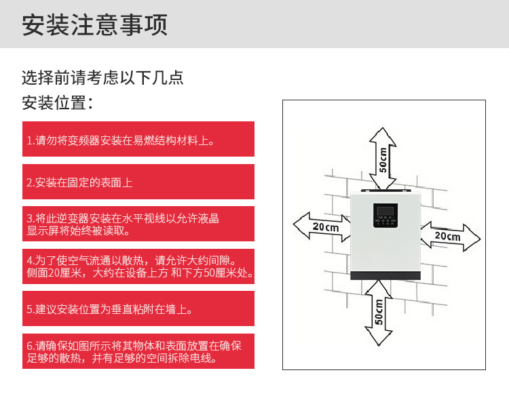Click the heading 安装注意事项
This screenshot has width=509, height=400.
click(x=94, y=25)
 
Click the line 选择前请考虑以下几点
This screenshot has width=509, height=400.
click(x=102, y=77)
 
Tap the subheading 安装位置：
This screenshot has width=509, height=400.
click(x=58, y=104)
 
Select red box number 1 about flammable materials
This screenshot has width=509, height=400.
click(x=138, y=140)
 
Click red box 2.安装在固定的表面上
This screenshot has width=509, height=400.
click(x=138, y=182)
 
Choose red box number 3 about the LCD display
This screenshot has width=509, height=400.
click(x=138, y=224)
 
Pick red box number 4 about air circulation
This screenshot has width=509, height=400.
click(x=138, y=266)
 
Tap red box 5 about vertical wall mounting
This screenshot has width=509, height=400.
click(x=138, y=308)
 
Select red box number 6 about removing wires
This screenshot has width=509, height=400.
click(x=138, y=351)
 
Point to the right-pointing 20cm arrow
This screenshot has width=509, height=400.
click(x=449, y=237)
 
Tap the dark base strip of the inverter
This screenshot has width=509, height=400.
click(x=384, y=275)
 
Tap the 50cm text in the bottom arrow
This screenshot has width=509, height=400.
click(x=379, y=312)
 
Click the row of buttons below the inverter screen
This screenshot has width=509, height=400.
click(x=383, y=222)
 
